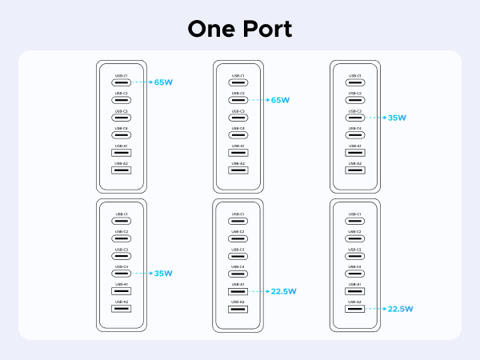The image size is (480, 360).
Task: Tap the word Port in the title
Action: pyautogui.click(x=266, y=28)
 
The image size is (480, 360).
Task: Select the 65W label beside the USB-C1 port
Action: pyautogui.click(x=163, y=82)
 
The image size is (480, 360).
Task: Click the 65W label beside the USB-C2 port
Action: pyautogui.click(x=280, y=100)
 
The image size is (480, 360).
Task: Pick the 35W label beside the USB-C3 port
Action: pyautogui.click(x=397, y=118)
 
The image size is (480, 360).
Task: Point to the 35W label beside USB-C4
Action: pyautogui.click(x=163, y=274)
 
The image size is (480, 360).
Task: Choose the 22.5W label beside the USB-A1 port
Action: pyautogui.click(x=282, y=291)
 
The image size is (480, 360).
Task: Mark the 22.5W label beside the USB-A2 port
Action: pyautogui.click(x=399, y=309)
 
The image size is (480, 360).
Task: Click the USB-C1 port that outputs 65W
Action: pyautogui.click(x=122, y=82)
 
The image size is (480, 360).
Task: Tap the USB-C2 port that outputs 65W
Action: pyautogui.click(x=238, y=100)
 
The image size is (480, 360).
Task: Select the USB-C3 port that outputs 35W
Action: pyautogui.click(x=355, y=118)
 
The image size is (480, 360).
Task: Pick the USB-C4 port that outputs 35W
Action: pyautogui.click(x=122, y=274)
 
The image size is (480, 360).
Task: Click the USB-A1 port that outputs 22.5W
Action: pyautogui.click(x=238, y=291)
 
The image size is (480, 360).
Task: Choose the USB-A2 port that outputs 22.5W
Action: pyautogui.click(x=355, y=309)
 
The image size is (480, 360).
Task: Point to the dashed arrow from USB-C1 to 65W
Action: pyautogui.click(x=141, y=82)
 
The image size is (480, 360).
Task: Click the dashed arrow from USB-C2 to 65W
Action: pyautogui.click(x=258, y=100)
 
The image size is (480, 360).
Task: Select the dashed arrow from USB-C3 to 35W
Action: pyautogui.click(x=374, y=118)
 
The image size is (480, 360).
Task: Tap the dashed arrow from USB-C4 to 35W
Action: pyautogui.click(x=141, y=274)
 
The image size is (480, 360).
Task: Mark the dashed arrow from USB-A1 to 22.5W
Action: pyautogui.click(x=258, y=291)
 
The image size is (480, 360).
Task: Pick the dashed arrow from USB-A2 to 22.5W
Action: pyautogui.click(x=374, y=309)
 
